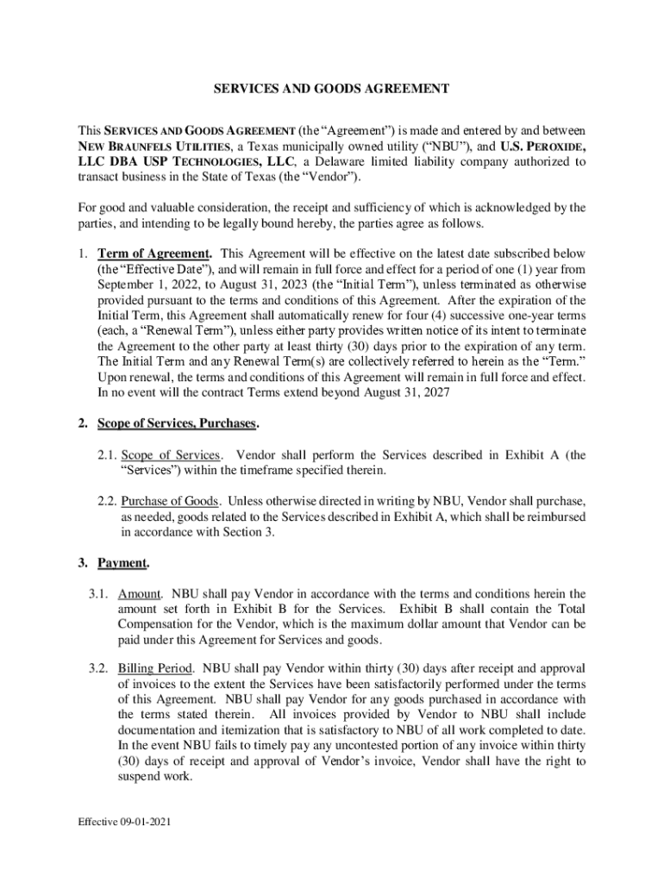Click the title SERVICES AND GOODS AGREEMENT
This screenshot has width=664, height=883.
tap(331, 88)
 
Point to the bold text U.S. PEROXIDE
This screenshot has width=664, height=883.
tap(543, 147)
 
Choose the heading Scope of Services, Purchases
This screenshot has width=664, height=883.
tap(177, 423)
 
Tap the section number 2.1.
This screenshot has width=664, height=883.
tap(106, 455)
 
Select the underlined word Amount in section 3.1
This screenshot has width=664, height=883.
tap(139, 593)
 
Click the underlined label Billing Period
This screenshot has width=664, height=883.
tap(154, 668)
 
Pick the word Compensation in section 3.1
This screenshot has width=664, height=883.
tap(160, 624)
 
